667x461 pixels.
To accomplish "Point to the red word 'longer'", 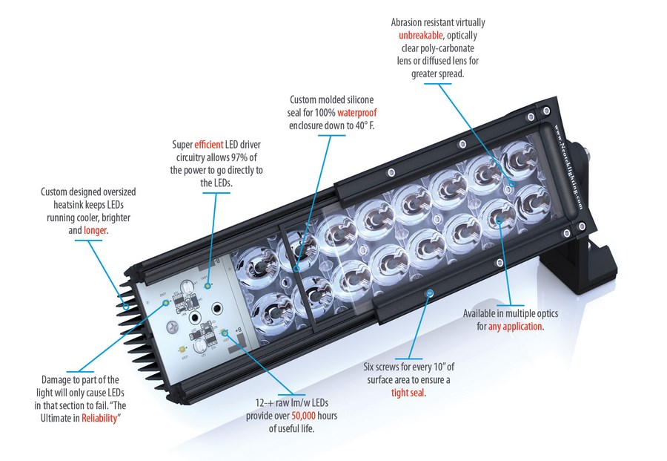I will click(x=96, y=230).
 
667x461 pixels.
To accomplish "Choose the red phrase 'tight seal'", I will click(x=408, y=392).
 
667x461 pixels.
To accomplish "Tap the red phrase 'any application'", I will click(x=516, y=327).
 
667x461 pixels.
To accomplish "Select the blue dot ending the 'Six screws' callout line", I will click(x=428, y=295).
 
